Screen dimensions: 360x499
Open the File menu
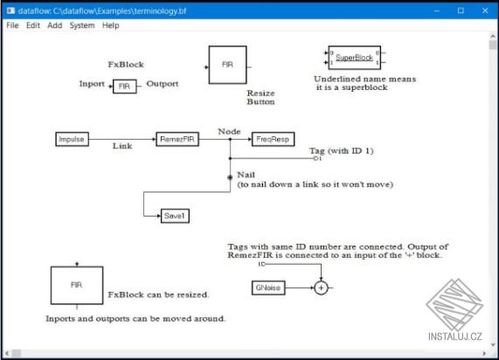pos(12,25)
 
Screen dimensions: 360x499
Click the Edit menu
pos(33,25)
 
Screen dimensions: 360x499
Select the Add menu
pos(55,25)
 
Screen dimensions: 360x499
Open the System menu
pos(82,25)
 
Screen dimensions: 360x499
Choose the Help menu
pos(110,25)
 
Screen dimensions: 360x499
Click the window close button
pos(484,10)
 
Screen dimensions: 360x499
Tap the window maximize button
pos(461,10)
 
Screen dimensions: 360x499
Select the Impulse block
pos(72,139)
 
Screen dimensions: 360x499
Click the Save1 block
pos(176,215)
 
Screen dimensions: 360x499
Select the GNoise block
pos(267,287)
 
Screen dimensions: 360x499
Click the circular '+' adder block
pos(321,287)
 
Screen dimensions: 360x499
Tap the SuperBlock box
pos(354,58)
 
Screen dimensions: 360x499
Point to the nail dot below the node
pos(230,176)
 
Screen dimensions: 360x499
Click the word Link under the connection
pos(122,146)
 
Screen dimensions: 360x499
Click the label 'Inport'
pos(92,84)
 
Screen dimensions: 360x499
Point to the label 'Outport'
pos(162,84)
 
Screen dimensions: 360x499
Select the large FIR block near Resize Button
pos(227,66)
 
